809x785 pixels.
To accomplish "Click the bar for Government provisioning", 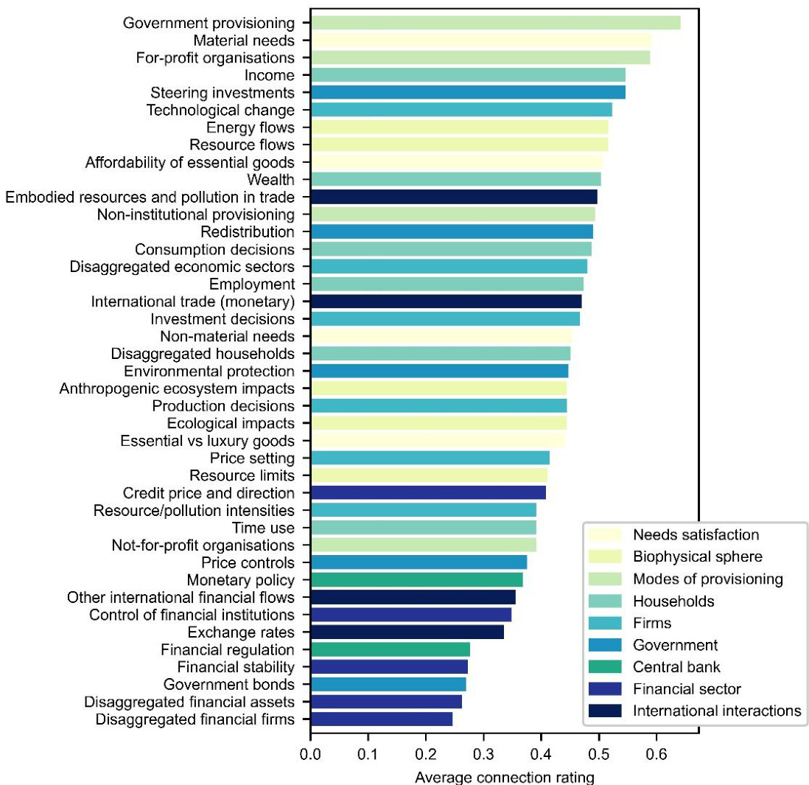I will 495,23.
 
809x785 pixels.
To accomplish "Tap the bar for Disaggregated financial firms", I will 382,719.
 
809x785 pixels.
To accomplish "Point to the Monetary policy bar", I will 416,580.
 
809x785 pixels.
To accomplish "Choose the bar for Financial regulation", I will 391,649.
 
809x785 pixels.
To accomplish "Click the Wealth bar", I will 456,179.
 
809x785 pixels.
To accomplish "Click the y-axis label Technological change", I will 221,111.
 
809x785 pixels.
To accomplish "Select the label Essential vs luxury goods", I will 207,441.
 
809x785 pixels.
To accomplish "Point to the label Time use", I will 263,528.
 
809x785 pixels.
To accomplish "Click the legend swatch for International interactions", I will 602,711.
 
